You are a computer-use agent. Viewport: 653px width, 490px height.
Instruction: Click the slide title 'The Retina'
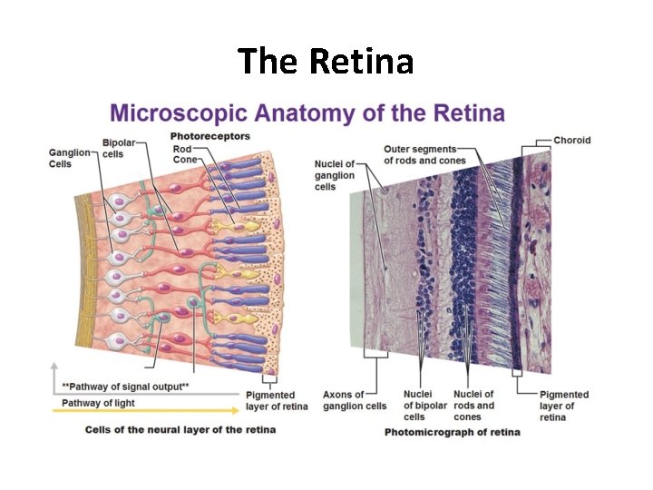point(326,62)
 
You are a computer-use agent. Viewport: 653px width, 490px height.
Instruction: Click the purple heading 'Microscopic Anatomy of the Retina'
point(307,113)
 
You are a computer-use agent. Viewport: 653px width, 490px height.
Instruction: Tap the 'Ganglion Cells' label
point(69,158)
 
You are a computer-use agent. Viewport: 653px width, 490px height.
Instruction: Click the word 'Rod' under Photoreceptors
point(181,149)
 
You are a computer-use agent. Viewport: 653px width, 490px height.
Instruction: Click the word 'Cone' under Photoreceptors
point(185,160)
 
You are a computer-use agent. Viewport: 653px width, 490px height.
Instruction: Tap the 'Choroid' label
point(571,140)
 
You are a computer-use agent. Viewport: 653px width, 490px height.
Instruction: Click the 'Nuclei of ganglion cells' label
point(335,175)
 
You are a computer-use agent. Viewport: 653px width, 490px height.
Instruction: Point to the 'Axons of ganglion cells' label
point(355,400)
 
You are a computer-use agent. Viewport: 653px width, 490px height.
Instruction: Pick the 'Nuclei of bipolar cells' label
point(419,406)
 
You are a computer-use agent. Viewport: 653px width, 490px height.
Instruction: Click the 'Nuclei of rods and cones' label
point(473,406)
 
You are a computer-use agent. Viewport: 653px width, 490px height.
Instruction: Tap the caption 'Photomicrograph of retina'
point(453,432)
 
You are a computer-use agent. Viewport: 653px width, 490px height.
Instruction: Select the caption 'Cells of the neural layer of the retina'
point(180,429)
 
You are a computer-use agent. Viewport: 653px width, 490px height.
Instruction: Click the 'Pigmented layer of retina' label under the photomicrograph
point(564,406)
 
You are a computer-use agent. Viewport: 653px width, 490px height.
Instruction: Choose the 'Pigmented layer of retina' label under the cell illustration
point(277,400)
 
